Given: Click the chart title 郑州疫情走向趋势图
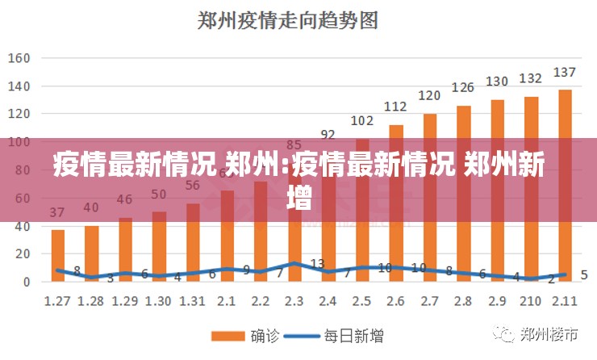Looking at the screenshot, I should tap(288, 20).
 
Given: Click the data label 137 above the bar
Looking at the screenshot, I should tap(565, 73).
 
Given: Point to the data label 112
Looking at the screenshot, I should tap(395, 107).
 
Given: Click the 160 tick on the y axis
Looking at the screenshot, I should tap(19, 58).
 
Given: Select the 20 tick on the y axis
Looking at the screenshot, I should tap(22, 253).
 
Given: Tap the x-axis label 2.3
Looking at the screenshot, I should tap(294, 300).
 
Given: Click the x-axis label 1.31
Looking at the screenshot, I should tap(192, 300).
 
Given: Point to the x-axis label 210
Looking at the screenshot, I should tap(531, 300).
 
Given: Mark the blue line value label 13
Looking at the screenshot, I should tap(317, 264).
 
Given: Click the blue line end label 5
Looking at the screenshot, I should tap(584, 274).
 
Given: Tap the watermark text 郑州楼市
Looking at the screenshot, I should tap(549, 333).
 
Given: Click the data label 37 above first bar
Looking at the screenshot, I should tap(57, 213).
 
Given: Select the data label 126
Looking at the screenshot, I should tap(463, 87).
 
